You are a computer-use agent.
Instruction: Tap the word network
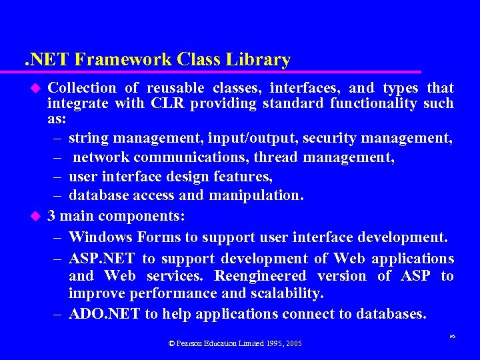click(101, 157)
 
